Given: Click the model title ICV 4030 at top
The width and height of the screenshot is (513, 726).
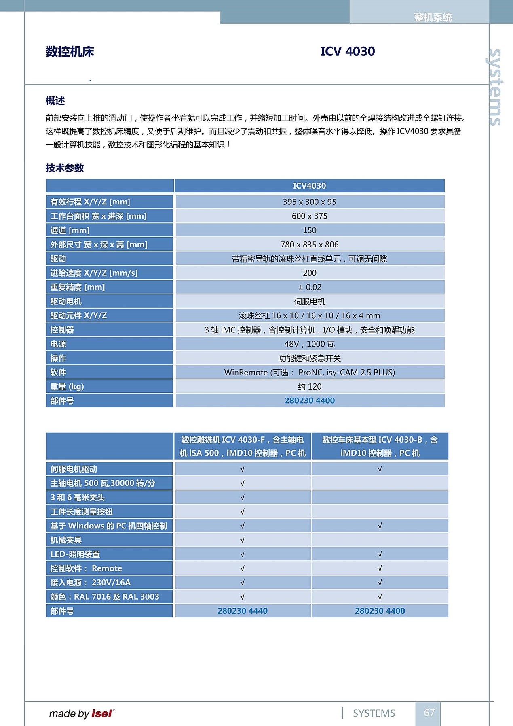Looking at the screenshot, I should coord(348,51).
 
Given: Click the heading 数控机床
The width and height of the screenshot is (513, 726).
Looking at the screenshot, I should coord(70,52).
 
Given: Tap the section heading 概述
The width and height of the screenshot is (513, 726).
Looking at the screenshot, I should coord(55,100).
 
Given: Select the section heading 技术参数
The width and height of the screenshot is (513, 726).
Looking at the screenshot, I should coord(65,168).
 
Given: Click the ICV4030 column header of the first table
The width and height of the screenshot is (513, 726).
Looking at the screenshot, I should coord(309,186).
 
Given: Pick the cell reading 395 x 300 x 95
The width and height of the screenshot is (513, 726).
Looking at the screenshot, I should coord(309,202).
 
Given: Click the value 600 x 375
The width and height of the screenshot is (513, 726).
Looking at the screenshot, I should coord(309,216).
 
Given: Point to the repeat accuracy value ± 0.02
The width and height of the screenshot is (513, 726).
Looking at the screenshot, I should coord(309,287).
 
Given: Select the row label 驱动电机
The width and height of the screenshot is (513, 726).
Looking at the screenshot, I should coord(66,301).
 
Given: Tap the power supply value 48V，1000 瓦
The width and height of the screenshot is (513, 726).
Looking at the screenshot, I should coord(309,344).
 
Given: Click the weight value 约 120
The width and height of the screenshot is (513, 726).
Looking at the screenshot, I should coord(309,387).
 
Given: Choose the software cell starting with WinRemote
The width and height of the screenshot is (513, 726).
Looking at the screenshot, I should coord(309,373).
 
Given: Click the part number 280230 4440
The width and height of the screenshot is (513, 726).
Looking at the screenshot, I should coord(243,611).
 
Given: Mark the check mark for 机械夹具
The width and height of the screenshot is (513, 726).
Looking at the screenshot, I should coord(243,540).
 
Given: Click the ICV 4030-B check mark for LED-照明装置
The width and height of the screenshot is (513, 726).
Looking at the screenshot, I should coord(380,554).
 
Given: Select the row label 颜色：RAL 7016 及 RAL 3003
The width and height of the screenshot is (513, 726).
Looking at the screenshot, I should coord(105,596).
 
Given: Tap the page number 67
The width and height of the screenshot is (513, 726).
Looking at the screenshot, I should coord(429,713).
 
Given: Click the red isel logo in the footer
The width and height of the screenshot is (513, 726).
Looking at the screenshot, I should coord(102,713).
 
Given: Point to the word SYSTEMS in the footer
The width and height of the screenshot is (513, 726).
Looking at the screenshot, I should coord(374,713).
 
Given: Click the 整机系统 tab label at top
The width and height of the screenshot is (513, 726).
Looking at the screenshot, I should coord(433,17).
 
